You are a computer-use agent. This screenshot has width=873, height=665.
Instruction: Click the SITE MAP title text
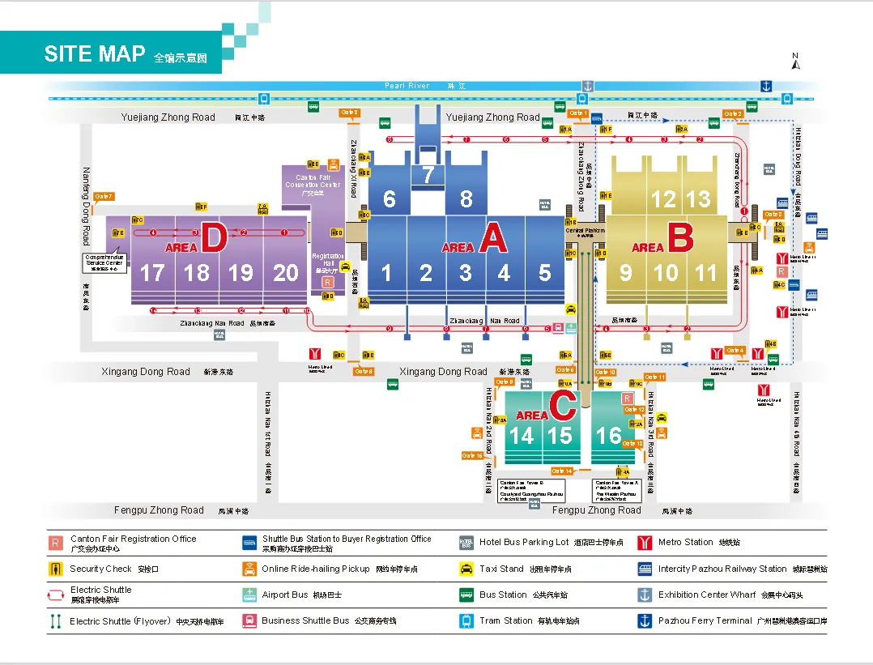(95, 53)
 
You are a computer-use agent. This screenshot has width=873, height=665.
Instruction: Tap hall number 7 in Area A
(428, 175)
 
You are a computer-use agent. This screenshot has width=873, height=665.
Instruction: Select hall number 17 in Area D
(152, 273)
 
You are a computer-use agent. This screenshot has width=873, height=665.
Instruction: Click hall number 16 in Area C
(609, 436)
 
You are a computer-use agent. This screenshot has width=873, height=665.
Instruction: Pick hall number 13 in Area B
(698, 199)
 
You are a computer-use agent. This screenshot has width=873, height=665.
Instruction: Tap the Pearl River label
(407, 86)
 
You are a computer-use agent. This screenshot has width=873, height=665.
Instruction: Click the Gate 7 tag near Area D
(104, 196)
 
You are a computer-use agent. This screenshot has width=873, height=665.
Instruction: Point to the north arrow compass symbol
(795, 62)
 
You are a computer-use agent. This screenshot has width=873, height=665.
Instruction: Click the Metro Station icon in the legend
(645, 543)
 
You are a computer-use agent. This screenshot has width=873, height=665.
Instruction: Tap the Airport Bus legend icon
(249, 595)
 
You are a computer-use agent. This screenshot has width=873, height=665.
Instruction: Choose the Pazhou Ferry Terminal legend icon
(645, 620)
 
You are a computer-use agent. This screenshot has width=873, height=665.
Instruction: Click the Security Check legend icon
(56, 569)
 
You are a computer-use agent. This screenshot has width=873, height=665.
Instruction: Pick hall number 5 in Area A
(544, 273)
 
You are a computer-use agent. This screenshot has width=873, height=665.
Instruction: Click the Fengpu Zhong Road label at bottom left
(159, 509)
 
